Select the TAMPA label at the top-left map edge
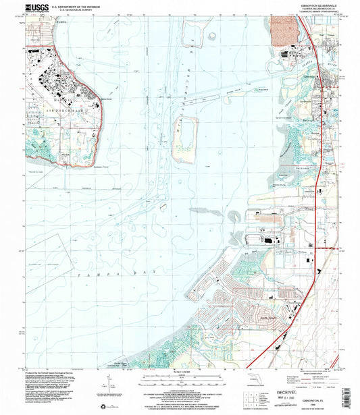[x=52, y=22]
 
